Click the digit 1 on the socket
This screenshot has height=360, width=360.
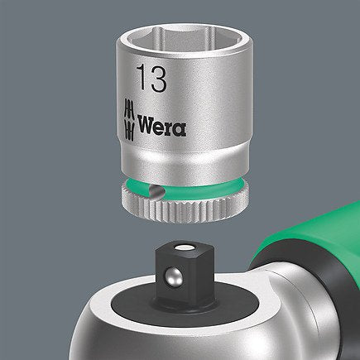click(x=137, y=80)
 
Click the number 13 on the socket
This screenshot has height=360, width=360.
click(x=147, y=80)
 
